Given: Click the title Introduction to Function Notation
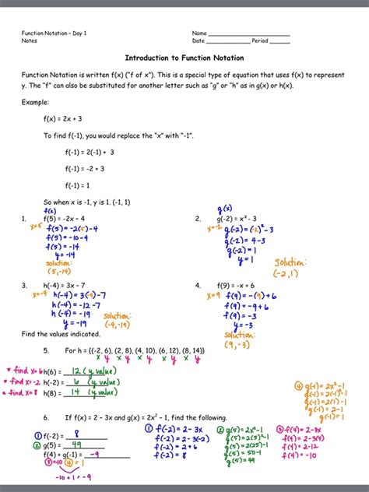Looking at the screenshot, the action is [x=184, y=58].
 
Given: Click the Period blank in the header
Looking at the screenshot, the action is [x=279, y=41].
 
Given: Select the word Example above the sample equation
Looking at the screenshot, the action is [x=36, y=102].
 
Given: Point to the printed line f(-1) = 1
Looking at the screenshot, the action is [x=78, y=185].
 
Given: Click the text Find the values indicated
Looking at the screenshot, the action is [x=55, y=334].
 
